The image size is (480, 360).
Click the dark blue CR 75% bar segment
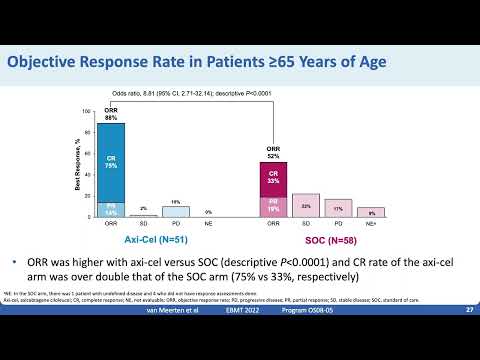(111, 161)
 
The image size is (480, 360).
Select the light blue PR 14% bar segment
(111, 209)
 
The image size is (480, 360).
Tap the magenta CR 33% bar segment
(274, 179)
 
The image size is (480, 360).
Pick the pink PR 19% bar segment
(274, 207)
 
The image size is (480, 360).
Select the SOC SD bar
(306, 206)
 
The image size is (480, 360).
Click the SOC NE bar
(371, 213)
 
